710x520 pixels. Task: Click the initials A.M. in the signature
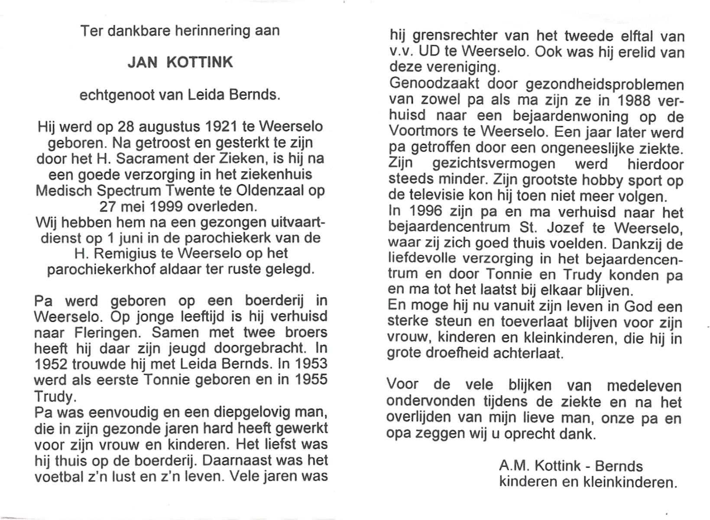pyautogui.click(x=514, y=466)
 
